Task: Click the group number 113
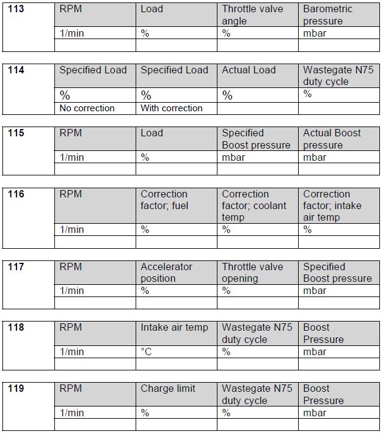click(x=16, y=9)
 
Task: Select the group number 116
click(x=16, y=194)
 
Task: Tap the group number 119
click(x=16, y=388)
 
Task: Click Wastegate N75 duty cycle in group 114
click(x=338, y=76)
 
